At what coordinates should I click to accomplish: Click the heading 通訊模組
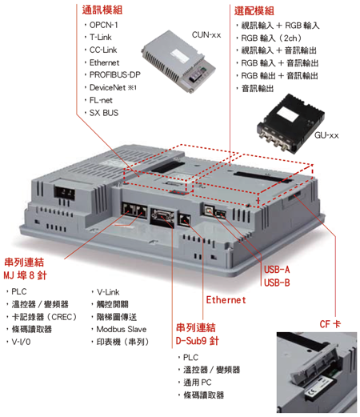(102, 10)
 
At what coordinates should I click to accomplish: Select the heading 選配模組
(254, 10)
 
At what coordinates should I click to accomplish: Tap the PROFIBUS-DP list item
(115, 74)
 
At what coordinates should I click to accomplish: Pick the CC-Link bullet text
(103, 50)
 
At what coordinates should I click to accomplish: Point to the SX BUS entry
(104, 113)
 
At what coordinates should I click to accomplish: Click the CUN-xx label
(206, 35)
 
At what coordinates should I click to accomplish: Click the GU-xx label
(326, 135)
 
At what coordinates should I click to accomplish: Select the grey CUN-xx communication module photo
(178, 62)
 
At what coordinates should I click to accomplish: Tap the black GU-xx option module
(290, 122)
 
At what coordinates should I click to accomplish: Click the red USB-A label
(277, 270)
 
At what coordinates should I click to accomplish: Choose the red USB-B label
(277, 283)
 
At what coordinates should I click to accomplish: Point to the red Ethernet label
(226, 300)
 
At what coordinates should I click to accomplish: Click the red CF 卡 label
(330, 324)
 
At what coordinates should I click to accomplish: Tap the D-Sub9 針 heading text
(198, 341)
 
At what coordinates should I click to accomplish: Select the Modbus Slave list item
(122, 329)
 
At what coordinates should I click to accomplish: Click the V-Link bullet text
(108, 292)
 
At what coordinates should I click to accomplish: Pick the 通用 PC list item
(198, 383)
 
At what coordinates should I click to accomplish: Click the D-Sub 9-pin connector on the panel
(162, 217)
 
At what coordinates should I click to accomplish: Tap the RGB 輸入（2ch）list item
(271, 38)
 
